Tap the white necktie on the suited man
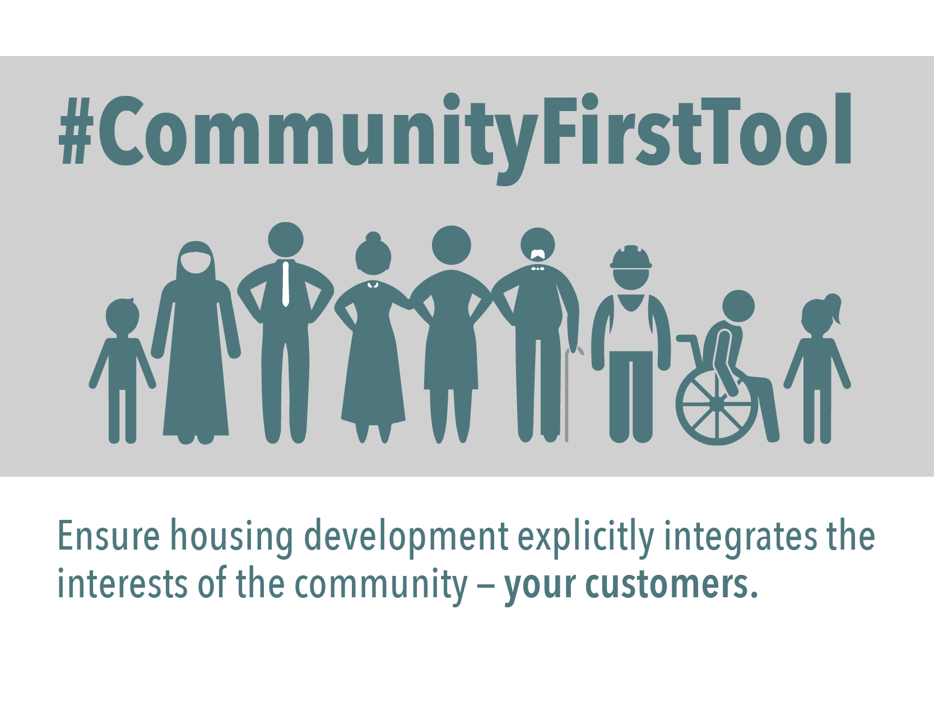[x=286, y=283]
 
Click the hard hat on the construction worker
[x=631, y=257]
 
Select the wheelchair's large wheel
[x=717, y=404]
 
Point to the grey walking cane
[x=568, y=393]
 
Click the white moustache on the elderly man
[x=538, y=253]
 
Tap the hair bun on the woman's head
[x=373, y=236]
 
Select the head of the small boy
[x=122, y=316]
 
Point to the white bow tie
[x=538, y=269]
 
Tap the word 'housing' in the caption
[x=231, y=537]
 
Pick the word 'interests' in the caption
[x=122, y=585]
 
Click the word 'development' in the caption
[x=406, y=537]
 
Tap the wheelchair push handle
[x=685, y=338]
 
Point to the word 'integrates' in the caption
[x=740, y=537]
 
